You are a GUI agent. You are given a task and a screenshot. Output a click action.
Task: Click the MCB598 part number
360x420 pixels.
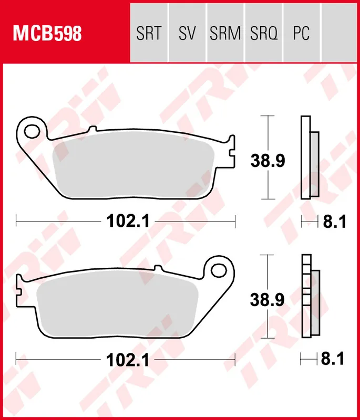(47, 34)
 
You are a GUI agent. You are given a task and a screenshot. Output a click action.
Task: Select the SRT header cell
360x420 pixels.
(148, 34)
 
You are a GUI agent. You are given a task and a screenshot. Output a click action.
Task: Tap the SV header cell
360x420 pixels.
(187, 34)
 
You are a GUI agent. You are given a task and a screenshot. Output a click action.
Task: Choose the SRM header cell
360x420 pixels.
(225, 34)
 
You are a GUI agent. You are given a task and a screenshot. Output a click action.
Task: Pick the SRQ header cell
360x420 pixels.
(263, 34)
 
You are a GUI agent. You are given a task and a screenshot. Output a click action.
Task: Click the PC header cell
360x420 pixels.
(301, 34)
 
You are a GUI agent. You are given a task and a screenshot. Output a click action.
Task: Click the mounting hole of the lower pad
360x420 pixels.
(219, 269)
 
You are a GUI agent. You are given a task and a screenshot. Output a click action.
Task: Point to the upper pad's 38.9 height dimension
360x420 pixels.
(267, 160)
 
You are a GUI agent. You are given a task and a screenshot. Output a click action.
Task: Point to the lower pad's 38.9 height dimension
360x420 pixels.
(267, 300)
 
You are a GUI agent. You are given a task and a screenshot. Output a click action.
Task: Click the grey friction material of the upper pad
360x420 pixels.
(134, 168)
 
